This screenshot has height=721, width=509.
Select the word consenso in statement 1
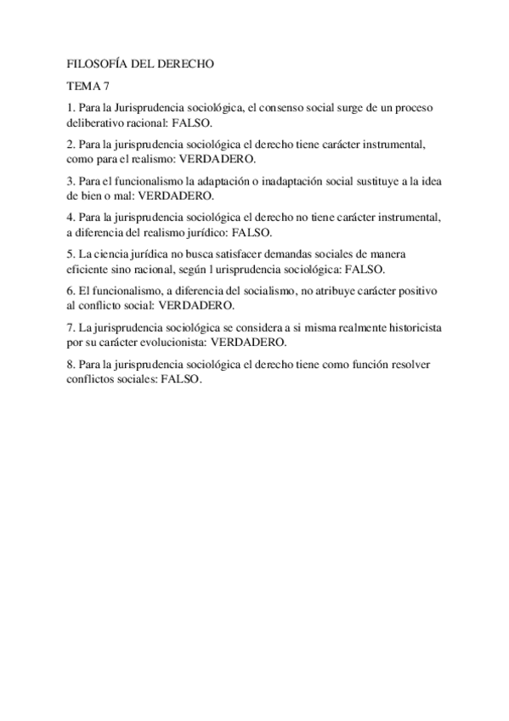pos(272,109)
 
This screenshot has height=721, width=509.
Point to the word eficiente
pos(90,269)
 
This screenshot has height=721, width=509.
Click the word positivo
pos(422,291)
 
